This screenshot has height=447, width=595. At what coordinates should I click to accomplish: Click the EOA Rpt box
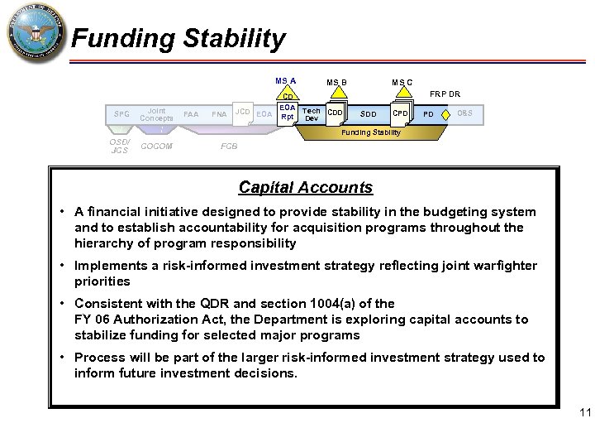pyautogui.click(x=287, y=112)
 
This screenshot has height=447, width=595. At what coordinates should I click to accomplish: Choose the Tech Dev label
pyautogui.click(x=312, y=114)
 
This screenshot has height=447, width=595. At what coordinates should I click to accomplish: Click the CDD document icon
pyautogui.click(x=336, y=113)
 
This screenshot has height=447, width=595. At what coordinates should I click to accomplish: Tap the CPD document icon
pyautogui.click(x=400, y=113)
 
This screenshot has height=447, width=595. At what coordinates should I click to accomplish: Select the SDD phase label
pyautogui.click(x=368, y=113)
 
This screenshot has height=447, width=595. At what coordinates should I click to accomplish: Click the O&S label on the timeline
pyautogui.click(x=464, y=113)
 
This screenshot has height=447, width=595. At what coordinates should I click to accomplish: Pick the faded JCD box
pyautogui.click(x=242, y=112)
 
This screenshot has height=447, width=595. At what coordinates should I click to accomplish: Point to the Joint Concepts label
pyautogui.click(x=156, y=113)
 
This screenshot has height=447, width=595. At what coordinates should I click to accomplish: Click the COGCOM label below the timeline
pyautogui.click(x=156, y=147)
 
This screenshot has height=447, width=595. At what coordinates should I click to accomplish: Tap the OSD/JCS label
pyautogui.click(x=120, y=147)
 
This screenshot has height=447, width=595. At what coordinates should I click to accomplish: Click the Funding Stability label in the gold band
pyautogui.click(x=371, y=132)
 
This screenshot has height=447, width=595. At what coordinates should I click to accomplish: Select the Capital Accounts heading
pyautogui.click(x=305, y=188)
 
